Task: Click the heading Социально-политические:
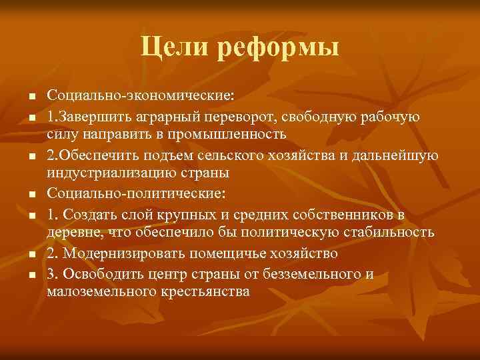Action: tap(137, 195)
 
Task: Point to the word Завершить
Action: tap(91, 117)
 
